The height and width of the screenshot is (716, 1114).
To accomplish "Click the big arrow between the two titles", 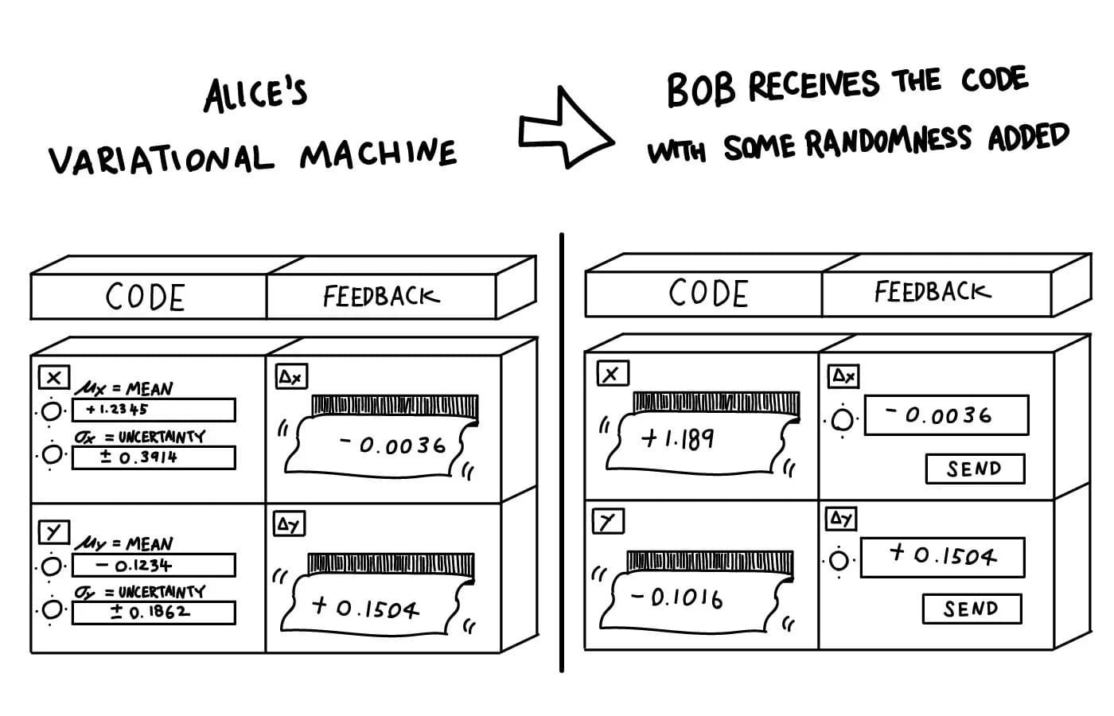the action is point(567,129).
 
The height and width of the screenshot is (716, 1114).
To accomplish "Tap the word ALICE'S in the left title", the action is point(255,95).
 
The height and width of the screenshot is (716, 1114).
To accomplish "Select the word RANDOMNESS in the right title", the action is point(888,142).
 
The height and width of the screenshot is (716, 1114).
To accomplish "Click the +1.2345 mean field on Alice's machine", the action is point(154,411).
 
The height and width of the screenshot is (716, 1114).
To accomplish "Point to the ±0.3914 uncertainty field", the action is point(154,457).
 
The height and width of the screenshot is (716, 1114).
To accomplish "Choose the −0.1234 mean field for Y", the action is point(154,566).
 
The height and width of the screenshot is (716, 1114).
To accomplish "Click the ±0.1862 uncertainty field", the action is point(154,613).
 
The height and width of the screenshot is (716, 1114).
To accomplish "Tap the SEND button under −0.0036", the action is point(976,469).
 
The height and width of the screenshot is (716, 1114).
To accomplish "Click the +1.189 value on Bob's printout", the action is point(677,439).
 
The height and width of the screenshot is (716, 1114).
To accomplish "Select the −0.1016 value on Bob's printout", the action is point(676,597).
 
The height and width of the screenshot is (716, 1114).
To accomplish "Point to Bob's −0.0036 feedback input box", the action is point(946,415).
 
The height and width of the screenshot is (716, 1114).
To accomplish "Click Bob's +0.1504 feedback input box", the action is point(942,558).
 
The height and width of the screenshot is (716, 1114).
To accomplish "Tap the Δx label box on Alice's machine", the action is point(291,376).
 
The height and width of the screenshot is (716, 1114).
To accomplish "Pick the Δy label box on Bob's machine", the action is point(841,519).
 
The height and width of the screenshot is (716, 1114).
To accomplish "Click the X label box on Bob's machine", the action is point(613,373).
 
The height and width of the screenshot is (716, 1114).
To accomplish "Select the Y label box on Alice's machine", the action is point(54,532).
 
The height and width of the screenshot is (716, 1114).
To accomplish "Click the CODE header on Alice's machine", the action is point(145,298).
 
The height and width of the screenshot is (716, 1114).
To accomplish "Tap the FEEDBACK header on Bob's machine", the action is point(933,292).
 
